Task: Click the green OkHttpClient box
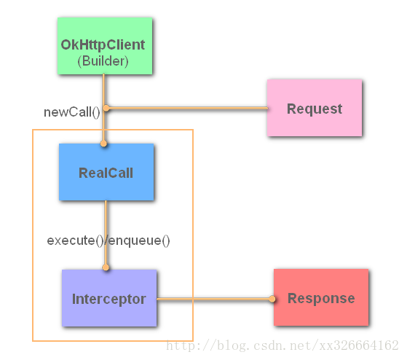[x=105, y=46]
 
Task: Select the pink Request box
[x=315, y=108]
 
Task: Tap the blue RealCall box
[x=106, y=172]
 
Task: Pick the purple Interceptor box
[x=109, y=298]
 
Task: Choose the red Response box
[x=321, y=297]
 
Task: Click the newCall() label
[x=72, y=112]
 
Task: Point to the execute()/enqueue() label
[x=108, y=240]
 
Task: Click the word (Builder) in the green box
[x=103, y=61]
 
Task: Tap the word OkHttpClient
[x=103, y=44]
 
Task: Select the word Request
[x=315, y=109]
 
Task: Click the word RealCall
[x=106, y=173]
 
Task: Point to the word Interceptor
[x=109, y=299]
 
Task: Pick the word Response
[x=321, y=298]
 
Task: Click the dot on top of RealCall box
[x=103, y=144]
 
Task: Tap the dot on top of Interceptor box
[x=106, y=267]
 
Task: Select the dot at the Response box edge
[x=272, y=299]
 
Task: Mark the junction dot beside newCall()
[x=106, y=108]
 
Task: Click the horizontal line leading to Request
[x=187, y=108]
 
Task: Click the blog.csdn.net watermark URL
[x=282, y=345]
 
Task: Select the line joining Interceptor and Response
[x=214, y=299]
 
